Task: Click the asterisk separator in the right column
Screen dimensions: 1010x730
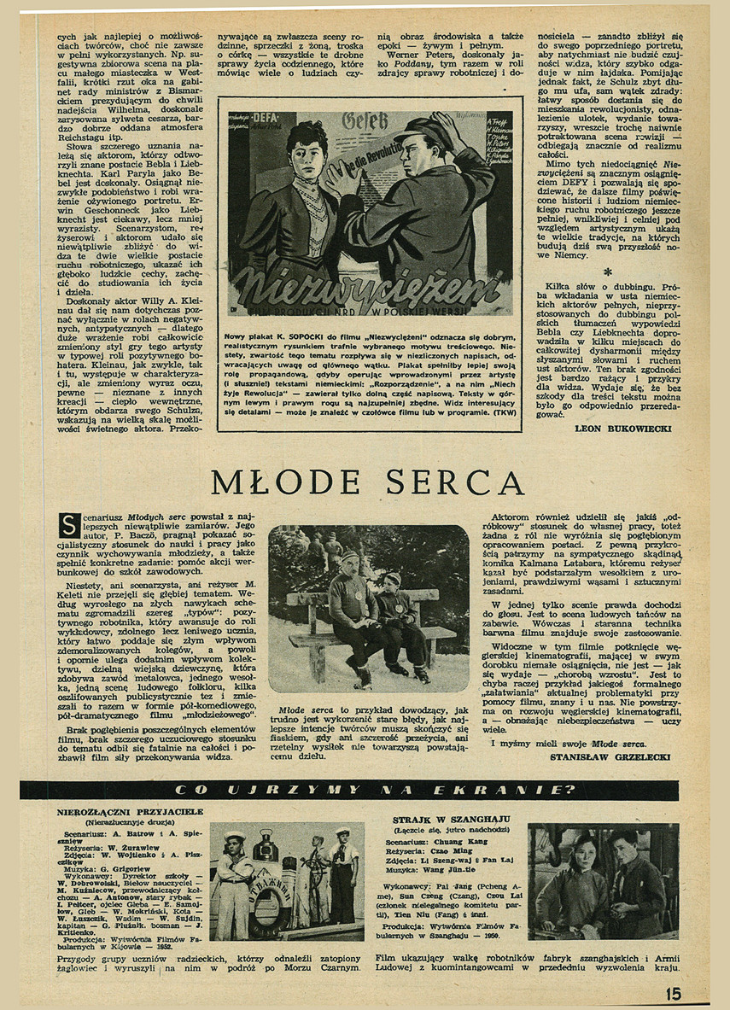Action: click(x=608, y=272)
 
